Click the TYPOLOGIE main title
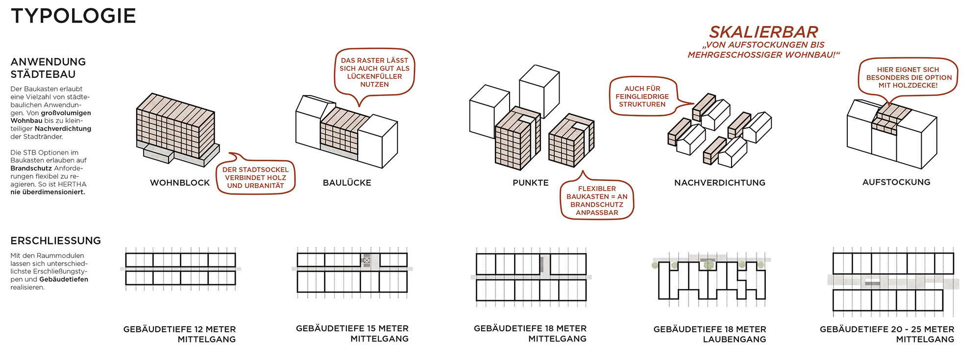tap(73, 16)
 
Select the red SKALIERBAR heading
tap(763, 32)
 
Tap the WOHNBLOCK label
tap(180, 183)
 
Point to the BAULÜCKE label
tap(347, 183)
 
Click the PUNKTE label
tap(531, 183)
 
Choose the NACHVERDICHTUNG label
tap(719, 183)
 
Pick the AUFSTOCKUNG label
tap(896, 182)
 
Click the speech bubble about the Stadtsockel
tap(255, 178)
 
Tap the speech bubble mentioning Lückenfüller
tap(374, 72)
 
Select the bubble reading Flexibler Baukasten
tap(597, 200)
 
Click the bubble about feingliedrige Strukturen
tap(642, 96)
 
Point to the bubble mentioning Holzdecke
tap(908, 77)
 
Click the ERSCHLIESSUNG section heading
tap(56, 240)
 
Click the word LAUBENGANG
tap(734, 339)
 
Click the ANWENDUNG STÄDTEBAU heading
tap(48, 68)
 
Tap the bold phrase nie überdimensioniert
tap(48, 192)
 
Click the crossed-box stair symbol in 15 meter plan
tap(367, 261)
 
